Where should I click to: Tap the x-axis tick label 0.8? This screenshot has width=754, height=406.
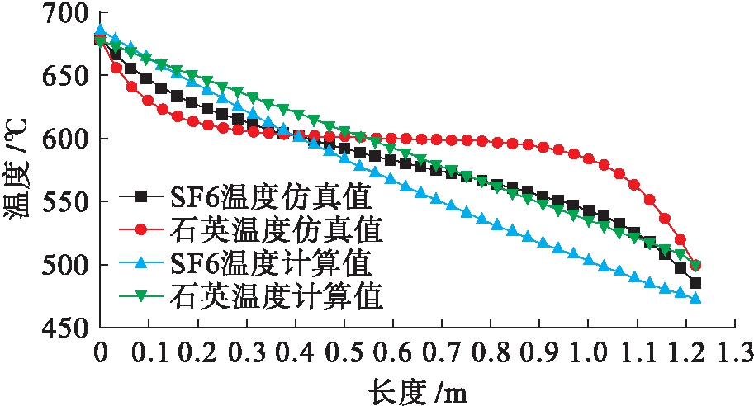click(x=491, y=353)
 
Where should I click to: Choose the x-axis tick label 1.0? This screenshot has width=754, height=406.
click(x=588, y=353)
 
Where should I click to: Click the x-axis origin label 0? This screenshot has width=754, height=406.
click(x=101, y=353)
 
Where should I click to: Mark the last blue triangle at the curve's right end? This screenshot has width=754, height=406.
click(x=695, y=298)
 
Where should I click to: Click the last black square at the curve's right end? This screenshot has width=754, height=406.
click(x=695, y=283)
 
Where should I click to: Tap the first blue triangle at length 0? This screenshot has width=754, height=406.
click(x=101, y=31)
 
